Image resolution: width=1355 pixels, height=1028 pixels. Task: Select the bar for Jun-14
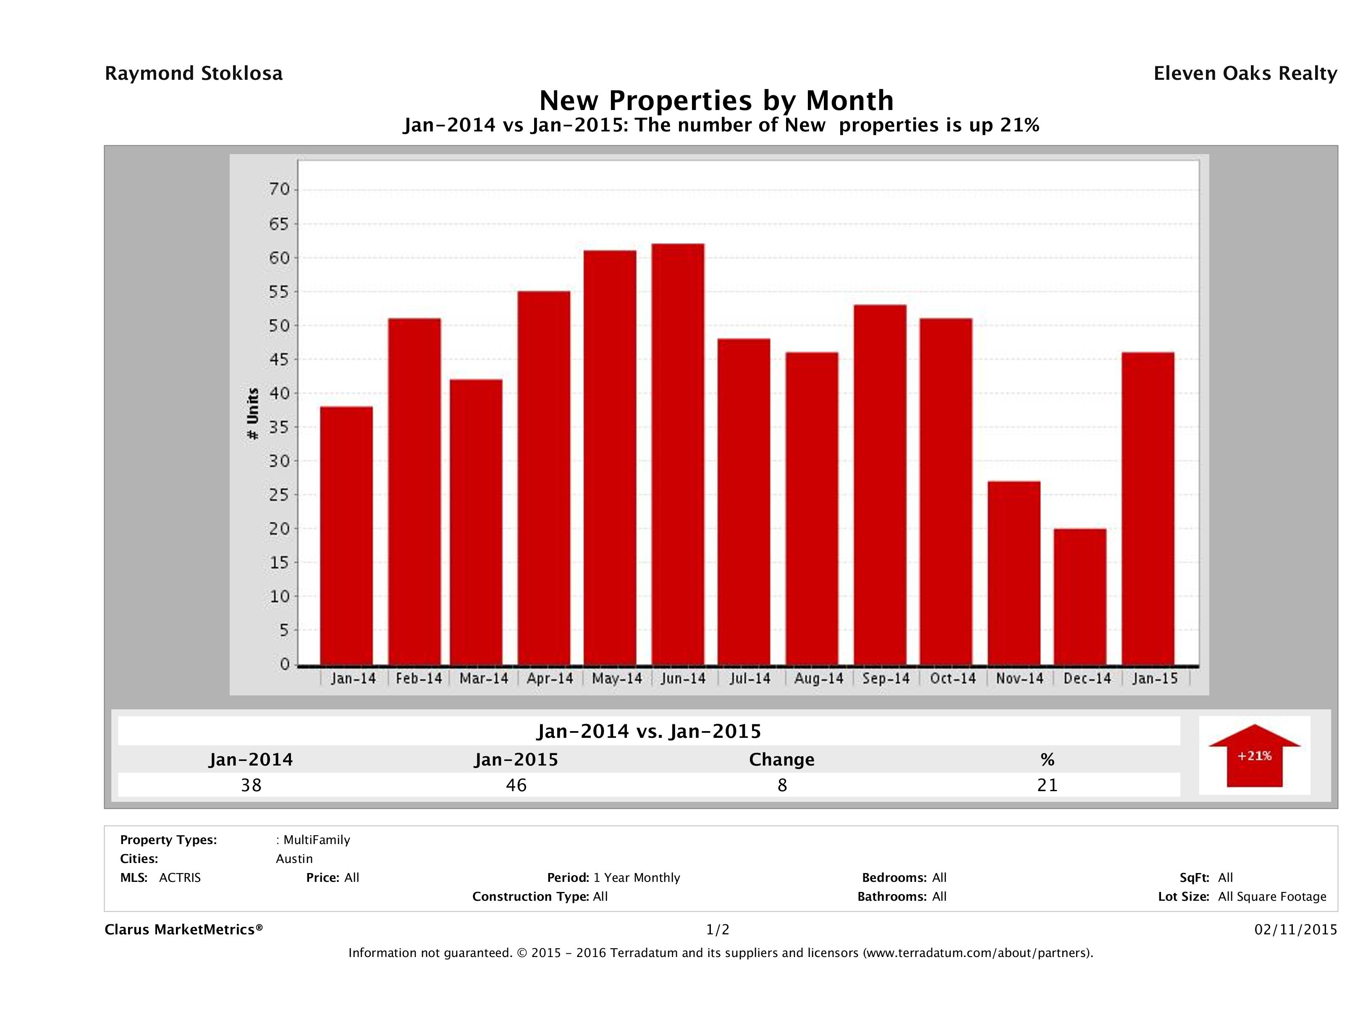[x=678, y=454]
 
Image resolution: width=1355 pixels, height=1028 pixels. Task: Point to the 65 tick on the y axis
[x=279, y=224]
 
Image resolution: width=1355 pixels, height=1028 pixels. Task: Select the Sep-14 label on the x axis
[x=886, y=679]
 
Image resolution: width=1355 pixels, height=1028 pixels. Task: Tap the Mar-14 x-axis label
[x=484, y=679]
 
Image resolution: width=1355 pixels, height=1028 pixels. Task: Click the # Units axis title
[x=252, y=414]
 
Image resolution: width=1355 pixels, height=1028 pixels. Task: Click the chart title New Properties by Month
[x=716, y=100]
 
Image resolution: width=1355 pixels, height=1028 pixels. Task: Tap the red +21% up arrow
[x=1254, y=755]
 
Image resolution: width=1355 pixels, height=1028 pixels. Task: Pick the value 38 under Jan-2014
[x=251, y=785]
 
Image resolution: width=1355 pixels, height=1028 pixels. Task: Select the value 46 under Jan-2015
[x=516, y=785]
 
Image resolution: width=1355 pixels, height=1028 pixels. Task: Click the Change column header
[x=782, y=760]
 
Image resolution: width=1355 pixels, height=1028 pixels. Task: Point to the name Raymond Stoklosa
[x=194, y=73]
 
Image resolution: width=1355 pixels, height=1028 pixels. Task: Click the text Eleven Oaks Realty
[x=1245, y=73]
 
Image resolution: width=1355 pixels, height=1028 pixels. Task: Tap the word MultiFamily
[x=316, y=840]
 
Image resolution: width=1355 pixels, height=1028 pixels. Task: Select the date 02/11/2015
[x=1295, y=930]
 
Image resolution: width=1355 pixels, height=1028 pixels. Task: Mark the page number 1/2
[x=717, y=930]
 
